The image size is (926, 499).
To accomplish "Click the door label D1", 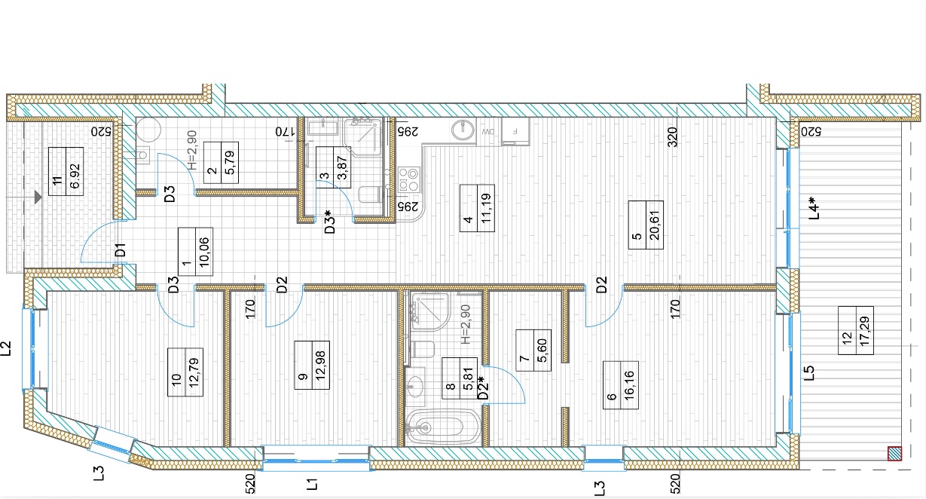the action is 120,250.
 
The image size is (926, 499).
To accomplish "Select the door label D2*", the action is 482,387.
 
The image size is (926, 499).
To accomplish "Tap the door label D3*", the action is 329,222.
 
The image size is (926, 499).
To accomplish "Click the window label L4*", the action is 814,207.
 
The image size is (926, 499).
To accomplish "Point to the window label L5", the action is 809,372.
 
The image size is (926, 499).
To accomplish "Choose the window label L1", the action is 312,484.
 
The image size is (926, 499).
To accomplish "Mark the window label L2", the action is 7,348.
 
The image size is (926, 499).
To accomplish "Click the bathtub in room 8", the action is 443,427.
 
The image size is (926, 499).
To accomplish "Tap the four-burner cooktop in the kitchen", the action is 409,179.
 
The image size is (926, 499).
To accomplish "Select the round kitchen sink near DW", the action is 463,130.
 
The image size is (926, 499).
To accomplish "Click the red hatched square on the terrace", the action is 894,454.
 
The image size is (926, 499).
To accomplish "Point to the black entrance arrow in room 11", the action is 38,197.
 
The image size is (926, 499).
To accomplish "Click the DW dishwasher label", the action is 487,132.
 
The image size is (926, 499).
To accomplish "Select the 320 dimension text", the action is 673,137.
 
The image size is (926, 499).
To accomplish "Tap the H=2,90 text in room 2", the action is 192,150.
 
